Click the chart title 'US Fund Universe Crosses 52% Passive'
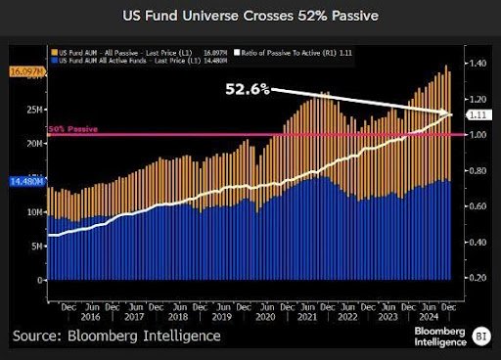point(250,16)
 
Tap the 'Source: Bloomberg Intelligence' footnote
point(116,336)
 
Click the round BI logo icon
point(479,335)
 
